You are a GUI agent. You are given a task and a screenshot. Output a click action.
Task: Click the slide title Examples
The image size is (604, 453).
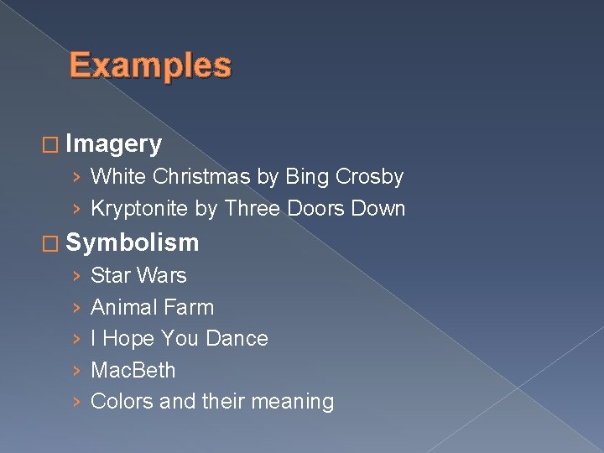(150, 65)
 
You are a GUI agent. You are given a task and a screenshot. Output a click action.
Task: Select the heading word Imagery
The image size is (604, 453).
(113, 144)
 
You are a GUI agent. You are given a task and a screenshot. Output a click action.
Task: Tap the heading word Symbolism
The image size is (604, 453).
(132, 242)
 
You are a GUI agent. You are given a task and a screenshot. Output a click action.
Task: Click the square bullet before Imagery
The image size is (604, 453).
(52, 145)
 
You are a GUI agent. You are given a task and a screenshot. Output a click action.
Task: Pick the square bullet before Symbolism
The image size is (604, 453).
(52, 243)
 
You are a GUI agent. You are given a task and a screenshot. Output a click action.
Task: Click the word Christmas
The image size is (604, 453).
(202, 177)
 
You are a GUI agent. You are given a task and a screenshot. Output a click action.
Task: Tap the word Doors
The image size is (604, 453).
(313, 208)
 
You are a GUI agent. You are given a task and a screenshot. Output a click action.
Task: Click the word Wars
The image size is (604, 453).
(162, 275)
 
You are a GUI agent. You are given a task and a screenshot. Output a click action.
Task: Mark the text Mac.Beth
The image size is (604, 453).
(133, 370)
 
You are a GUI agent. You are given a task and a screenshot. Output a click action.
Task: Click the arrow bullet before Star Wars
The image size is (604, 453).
(76, 276)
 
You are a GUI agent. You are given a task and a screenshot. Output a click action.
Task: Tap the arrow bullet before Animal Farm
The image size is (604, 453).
(76, 308)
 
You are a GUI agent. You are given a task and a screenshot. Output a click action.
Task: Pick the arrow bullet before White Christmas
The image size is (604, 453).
(76, 178)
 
